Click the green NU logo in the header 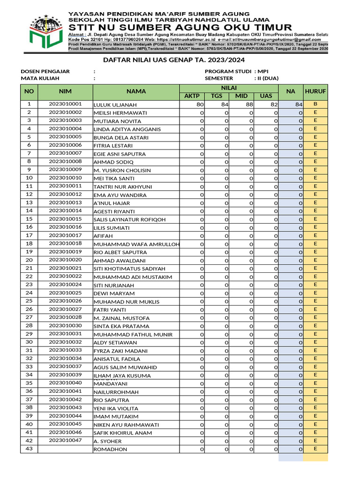click(x=45, y=31)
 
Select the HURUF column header click(x=315, y=91)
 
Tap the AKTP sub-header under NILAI click(x=192, y=96)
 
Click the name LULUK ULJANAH click(x=115, y=105)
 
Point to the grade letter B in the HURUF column click(x=315, y=104)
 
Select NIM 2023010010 click(x=65, y=178)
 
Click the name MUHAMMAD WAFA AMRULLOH click(x=136, y=244)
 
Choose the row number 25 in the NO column click(x=29, y=301)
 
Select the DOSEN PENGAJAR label click(x=45, y=71)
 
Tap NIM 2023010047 click(x=65, y=441)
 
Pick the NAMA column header click(x=136, y=91)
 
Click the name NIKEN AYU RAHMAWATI click(x=126, y=425)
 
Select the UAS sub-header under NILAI click(x=266, y=96)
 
